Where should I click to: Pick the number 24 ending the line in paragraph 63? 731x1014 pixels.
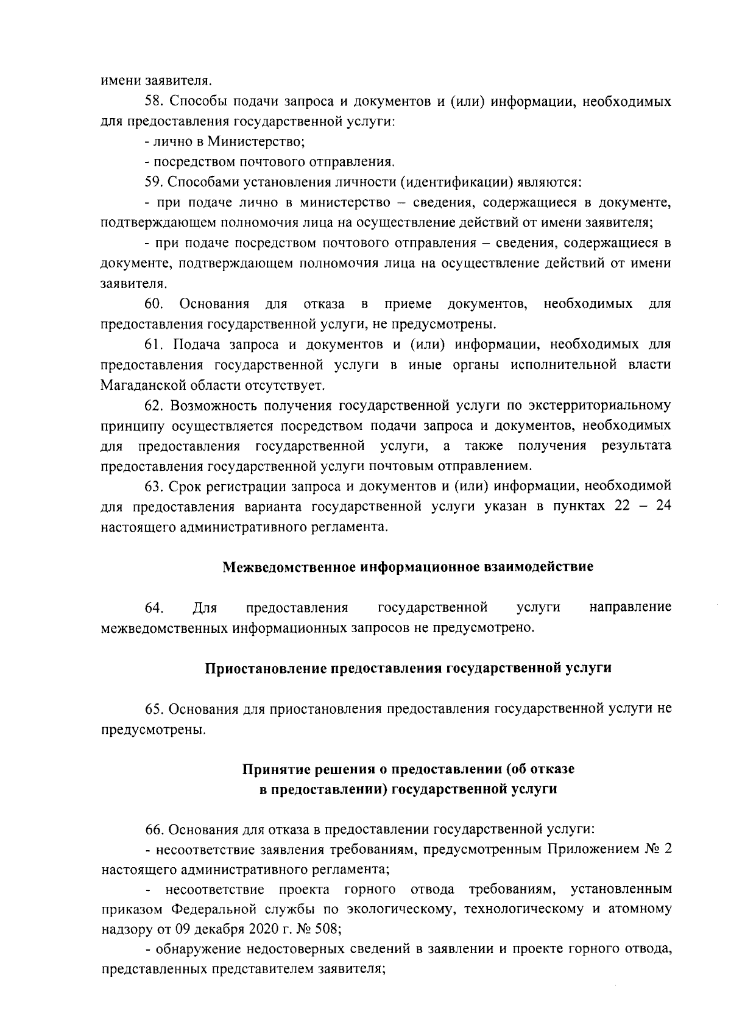[663, 507]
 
